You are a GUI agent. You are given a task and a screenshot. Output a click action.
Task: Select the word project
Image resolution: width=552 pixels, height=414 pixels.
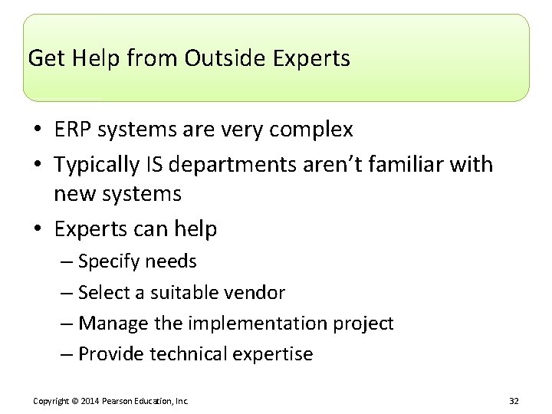coord(364,324)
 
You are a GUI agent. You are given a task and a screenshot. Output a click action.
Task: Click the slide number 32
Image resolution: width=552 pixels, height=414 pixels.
coord(513,400)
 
